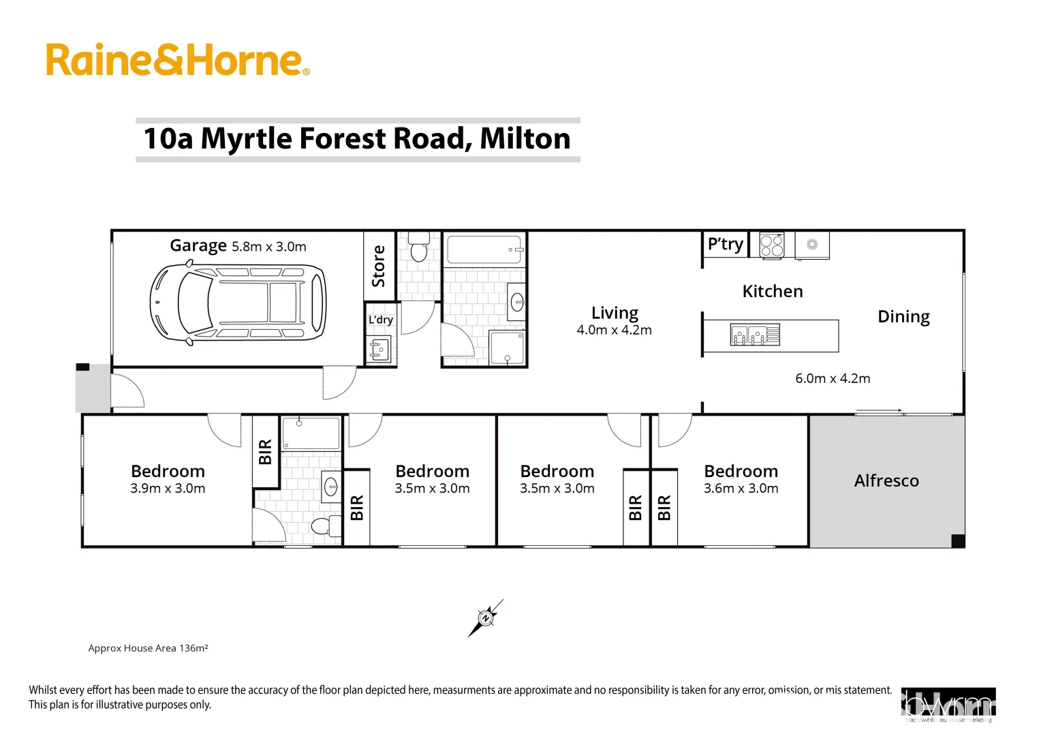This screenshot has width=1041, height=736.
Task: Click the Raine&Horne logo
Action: (177, 60)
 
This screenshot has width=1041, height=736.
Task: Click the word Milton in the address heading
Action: (525, 139)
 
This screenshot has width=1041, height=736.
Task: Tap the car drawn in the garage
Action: (238, 301)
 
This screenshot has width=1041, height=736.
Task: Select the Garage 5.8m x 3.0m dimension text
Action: (268, 247)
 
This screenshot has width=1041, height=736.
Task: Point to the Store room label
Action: (378, 266)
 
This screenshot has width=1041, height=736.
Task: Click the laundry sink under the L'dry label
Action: (379, 350)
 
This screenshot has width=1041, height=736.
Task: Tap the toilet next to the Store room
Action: (418, 248)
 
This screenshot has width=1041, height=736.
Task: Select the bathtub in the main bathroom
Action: (484, 250)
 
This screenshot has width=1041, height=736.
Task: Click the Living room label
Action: (615, 313)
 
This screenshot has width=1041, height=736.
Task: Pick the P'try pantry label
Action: (725, 244)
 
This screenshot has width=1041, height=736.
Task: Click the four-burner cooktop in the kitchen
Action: (771, 245)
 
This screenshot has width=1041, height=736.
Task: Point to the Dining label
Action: (903, 317)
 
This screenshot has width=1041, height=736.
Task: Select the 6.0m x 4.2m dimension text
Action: (833, 379)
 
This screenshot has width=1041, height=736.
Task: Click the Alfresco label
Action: (886, 481)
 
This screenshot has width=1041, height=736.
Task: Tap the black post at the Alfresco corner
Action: (957, 541)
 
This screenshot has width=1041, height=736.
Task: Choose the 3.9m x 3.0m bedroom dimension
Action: (168, 489)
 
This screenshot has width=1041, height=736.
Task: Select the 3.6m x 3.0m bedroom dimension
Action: (741, 489)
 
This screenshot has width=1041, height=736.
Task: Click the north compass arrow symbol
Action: (486, 618)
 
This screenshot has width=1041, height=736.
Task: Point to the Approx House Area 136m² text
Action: (148, 648)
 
